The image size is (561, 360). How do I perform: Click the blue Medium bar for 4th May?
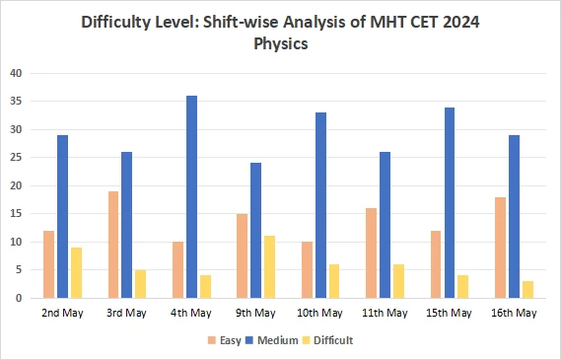(x=191, y=196)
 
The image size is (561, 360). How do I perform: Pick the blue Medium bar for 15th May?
(x=450, y=202)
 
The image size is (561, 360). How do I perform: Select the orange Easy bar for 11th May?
(x=371, y=252)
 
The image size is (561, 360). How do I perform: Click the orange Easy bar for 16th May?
(x=500, y=248)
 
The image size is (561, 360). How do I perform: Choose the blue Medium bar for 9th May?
(x=255, y=230)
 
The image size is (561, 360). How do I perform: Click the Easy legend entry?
(x=223, y=340)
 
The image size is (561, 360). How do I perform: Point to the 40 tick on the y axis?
(x=15, y=73)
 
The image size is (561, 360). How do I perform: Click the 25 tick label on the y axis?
(x=15, y=157)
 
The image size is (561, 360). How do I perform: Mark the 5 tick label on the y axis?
(x=18, y=269)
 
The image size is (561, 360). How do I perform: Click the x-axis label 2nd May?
(x=62, y=313)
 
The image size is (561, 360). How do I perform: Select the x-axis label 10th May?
(x=320, y=313)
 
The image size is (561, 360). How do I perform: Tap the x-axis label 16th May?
(x=514, y=313)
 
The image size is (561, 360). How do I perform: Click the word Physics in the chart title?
(x=280, y=44)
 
